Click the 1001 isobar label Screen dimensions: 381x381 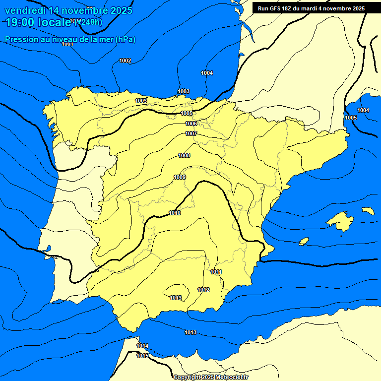click(x=67, y=44)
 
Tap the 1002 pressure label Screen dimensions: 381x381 click(x=125, y=61)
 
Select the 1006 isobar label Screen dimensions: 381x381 click(x=191, y=124)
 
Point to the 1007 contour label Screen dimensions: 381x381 click(x=191, y=134)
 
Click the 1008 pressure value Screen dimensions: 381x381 click(x=184, y=156)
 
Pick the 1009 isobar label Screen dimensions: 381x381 click(x=180, y=178)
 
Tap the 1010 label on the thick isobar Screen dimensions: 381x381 click(x=175, y=213)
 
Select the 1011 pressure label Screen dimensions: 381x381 click(x=216, y=272)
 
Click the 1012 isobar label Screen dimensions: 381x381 click(x=203, y=290)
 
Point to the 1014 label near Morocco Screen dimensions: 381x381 click(x=142, y=346)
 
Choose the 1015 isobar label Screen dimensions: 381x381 click(x=142, y=356)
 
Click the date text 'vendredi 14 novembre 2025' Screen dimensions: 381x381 click(x=68, y=10)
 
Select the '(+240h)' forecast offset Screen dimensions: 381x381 click(x=88, y=22)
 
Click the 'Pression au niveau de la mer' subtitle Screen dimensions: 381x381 click(x=70, y=39)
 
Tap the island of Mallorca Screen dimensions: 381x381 click(x=341, y=220)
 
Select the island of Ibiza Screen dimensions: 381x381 click(x=304, y=242)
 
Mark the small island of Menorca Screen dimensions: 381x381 click(x=368, y=211)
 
